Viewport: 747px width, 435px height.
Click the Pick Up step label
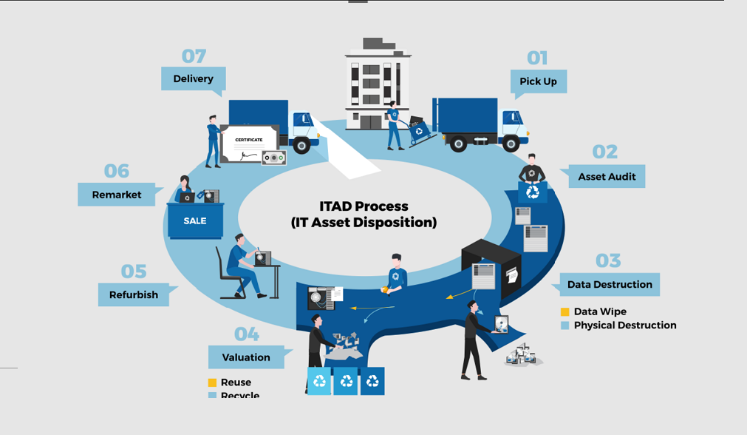coord(538,81)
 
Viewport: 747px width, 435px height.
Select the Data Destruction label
coord(609,285)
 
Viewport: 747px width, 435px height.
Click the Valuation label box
coord(246,357)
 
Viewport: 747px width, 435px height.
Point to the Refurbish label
coord(134,294)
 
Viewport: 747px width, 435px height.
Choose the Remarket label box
coord(117,195)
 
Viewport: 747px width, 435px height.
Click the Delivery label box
coord(193,78)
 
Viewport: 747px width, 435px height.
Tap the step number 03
coord(607,260)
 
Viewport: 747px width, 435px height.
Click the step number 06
coord(117,171)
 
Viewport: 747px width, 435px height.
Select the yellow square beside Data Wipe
coord(565,312)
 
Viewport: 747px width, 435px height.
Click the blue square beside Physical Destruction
coord(565,326)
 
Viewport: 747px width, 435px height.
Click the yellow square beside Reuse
coord(212,382)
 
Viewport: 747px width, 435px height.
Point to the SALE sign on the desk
coord(195,220)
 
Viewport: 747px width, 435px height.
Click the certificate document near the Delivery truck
coord(249,144)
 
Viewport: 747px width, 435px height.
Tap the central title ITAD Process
coord(364,206)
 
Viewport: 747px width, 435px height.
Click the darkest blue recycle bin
coord(372,381)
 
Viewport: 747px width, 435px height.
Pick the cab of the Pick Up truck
coord(512,124)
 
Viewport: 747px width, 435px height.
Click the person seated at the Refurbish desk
coord(239,263)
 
